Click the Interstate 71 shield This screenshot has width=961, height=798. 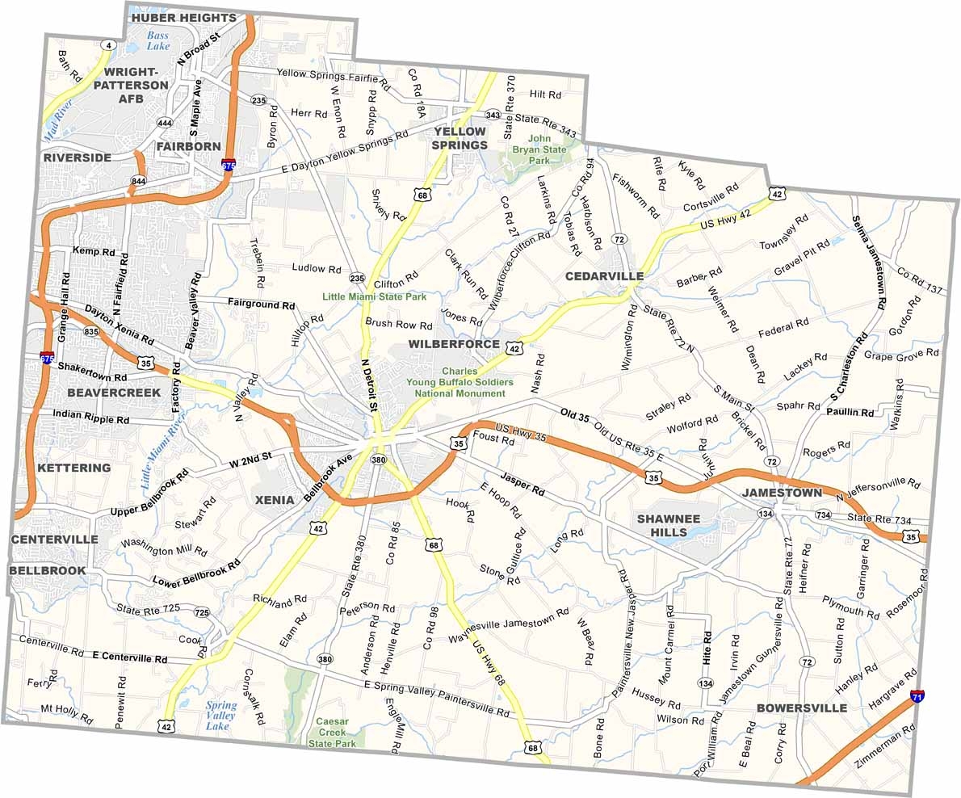click(x=917, y=695)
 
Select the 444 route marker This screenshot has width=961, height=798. click(x=165, y=123)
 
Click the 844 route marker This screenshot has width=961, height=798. click(x=139, y=181)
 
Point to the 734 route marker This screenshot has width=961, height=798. click(x=823, y=514)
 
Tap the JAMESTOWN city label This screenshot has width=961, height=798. click(x=782, y=492)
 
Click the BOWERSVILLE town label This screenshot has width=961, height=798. click(x=802, y=708)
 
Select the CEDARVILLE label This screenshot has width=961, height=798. click(x=604, y=276)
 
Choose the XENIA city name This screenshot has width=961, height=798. click(x=275, y=500)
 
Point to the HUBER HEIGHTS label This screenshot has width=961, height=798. click(x=183, y=17)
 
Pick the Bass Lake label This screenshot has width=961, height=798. click(x=158, y=40)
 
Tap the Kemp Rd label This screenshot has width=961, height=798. click(x=94, y=252)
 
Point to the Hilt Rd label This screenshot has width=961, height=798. click(x=545, y=94)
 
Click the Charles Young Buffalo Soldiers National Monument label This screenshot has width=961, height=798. click(x=460, y=382)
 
